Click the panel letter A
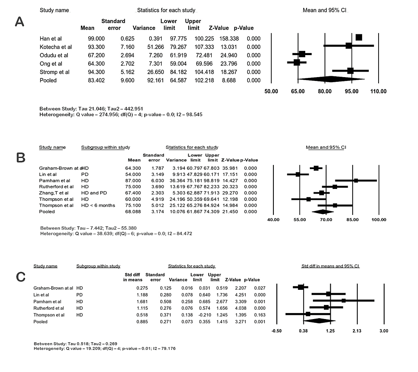[x=20, y=22]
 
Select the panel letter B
[x=20, y=157]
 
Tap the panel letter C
[x=20, y=277]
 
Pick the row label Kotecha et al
[x=56, y=47]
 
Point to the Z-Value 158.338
[x=219, y=38]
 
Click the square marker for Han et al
[x=359, y=38]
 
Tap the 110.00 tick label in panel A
[x=378, y=91]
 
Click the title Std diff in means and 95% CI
[x=329, y=266]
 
